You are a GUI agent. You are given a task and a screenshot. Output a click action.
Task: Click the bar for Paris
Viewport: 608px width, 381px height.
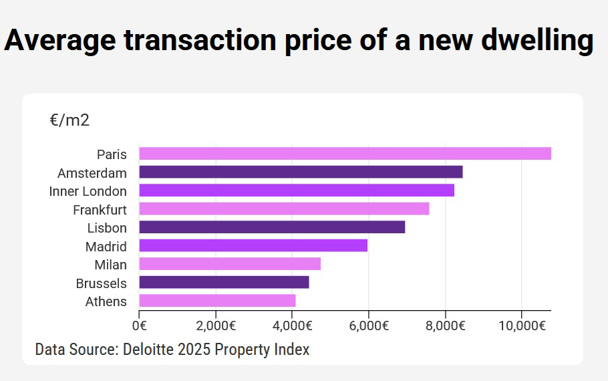pos(345,154)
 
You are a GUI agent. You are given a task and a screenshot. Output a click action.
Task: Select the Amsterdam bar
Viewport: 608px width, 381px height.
pos(301,172)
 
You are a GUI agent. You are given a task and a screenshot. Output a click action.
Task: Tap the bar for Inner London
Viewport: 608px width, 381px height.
pos(297,190)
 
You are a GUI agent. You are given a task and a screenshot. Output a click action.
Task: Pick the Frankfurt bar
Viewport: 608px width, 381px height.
pos(284,209)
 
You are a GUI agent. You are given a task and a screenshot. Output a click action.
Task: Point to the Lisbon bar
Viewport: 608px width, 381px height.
pos(272,227)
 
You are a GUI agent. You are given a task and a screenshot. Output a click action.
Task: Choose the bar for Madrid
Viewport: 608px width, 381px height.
pos(253,245)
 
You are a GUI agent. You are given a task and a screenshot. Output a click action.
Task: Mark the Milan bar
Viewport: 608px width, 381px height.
pos(230,264)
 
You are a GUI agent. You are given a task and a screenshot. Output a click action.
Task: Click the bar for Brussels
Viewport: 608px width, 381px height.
pos(224,282)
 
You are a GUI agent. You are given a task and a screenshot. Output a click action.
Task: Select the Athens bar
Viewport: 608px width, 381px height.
pos(217,301)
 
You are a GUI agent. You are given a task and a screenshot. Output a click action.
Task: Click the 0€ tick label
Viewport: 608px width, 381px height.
pos(139,326)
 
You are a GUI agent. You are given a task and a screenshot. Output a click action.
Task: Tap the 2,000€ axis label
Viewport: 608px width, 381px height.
pos(215,326)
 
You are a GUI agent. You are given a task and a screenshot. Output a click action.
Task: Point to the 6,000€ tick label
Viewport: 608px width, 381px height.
pos(368,326)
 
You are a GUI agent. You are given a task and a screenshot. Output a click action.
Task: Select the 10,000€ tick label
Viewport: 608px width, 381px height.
pos(521,326)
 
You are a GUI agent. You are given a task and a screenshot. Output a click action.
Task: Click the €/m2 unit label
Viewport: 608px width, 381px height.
pos(69,120)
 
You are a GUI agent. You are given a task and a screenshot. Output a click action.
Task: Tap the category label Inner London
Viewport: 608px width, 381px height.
pos(88,191)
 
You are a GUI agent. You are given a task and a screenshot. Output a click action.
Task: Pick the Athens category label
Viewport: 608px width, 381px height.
pos(106,301)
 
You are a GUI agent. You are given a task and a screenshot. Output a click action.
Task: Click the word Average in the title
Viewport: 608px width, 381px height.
pos(59,40)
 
